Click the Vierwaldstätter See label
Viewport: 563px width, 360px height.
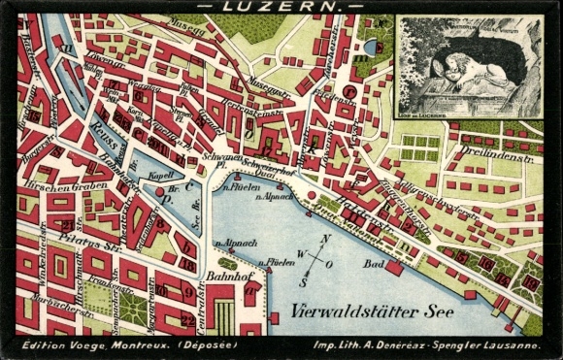359,312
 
